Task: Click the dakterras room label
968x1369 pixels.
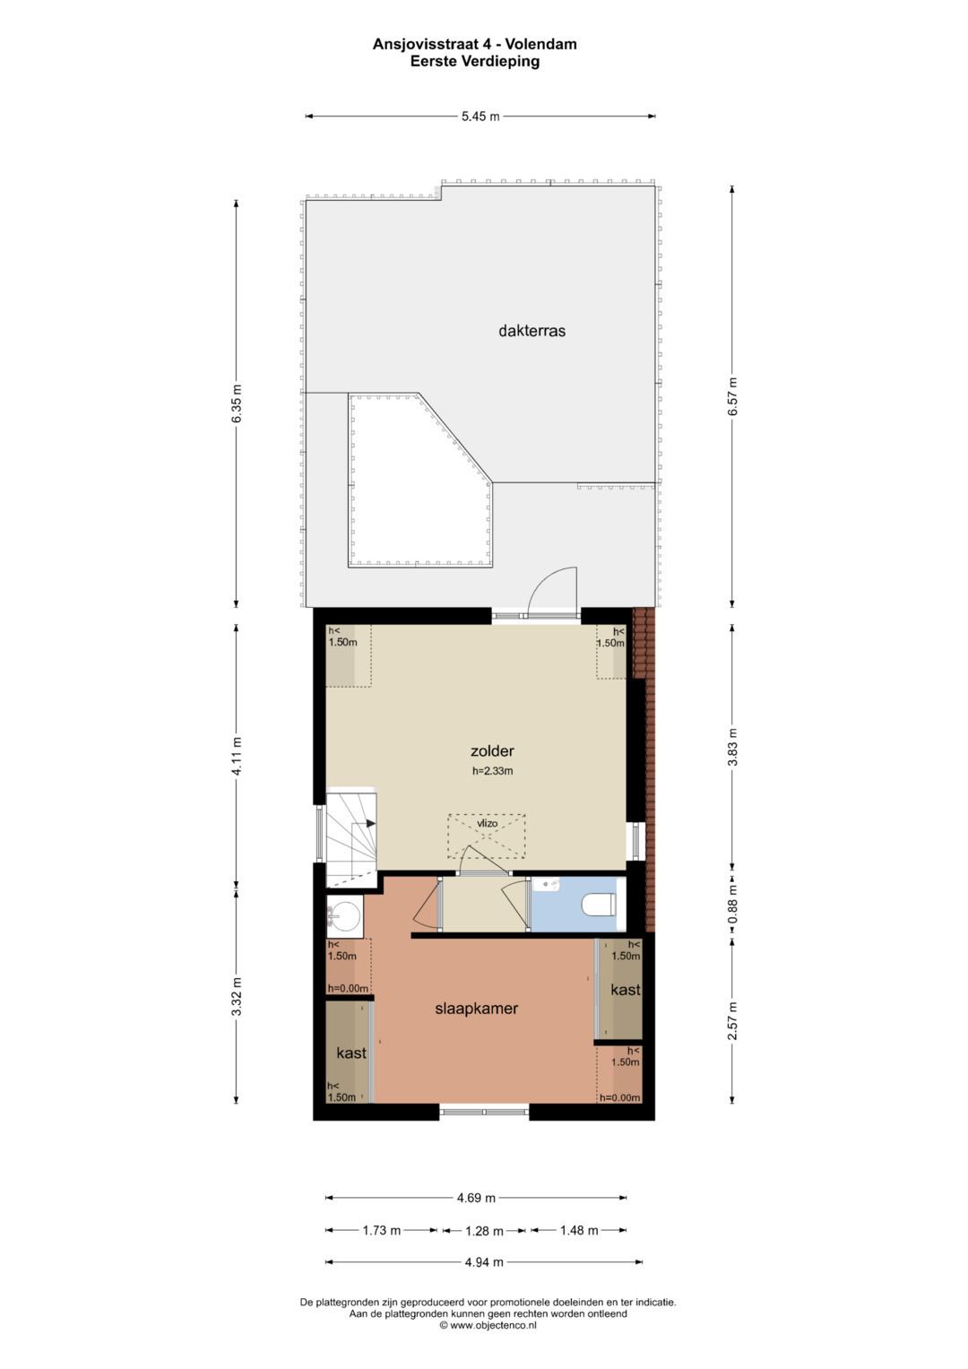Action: click(532, 331)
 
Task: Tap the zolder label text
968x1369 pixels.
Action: click(492, 751)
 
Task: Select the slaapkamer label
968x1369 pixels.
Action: click(476, 1009)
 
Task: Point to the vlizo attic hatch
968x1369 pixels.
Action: click(487, 836)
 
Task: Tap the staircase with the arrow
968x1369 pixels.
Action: click(350, 834)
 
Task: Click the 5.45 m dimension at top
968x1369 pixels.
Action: click(480, 117)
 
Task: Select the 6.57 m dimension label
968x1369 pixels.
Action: click(732, 395)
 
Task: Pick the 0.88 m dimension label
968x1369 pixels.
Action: click(732, 905)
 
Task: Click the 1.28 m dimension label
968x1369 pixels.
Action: click(484, 1231)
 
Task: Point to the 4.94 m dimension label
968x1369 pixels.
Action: click(484, 1262)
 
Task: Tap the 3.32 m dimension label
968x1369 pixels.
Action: click(237, 997)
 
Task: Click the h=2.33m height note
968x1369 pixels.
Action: click(492, 771)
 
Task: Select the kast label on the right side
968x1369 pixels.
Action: click(626, 990)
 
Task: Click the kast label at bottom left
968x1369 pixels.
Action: click(351, 1053)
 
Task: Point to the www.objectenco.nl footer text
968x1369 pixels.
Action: click(488, 1326)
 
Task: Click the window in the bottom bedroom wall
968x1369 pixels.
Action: click(484, 1113)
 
